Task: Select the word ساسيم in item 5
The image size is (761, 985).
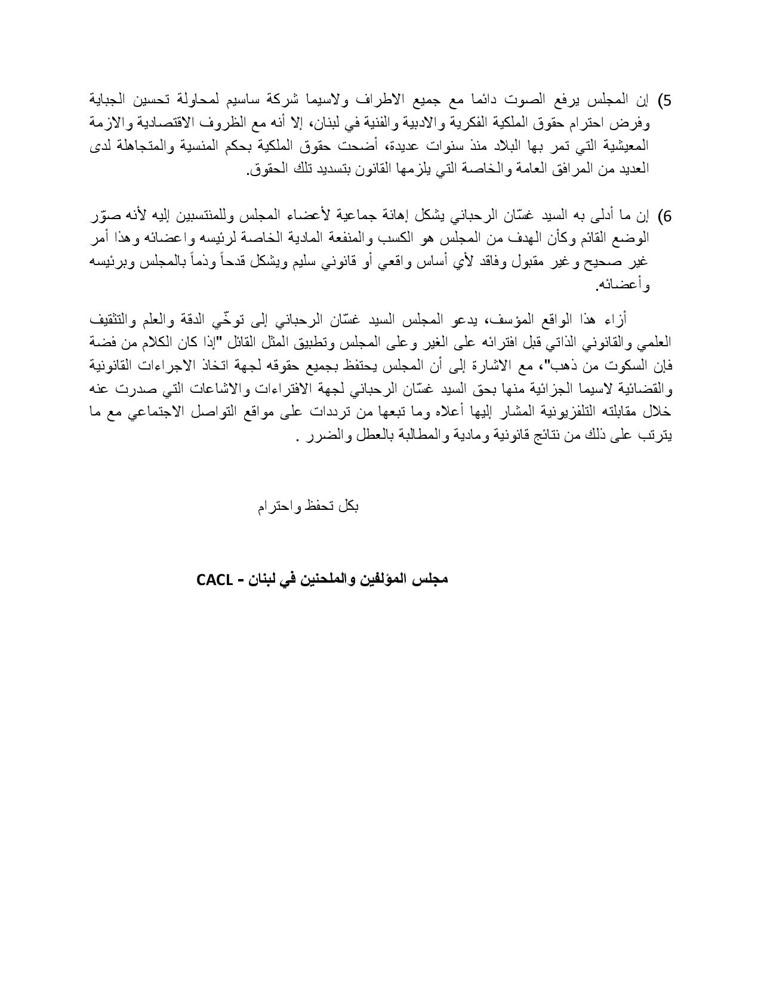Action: pyautogui.click(x=262, y=98)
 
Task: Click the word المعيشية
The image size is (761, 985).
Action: pyautogui.click(x=624, y=146)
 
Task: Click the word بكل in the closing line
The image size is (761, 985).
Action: pyautogui.click(x=348, y=507)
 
